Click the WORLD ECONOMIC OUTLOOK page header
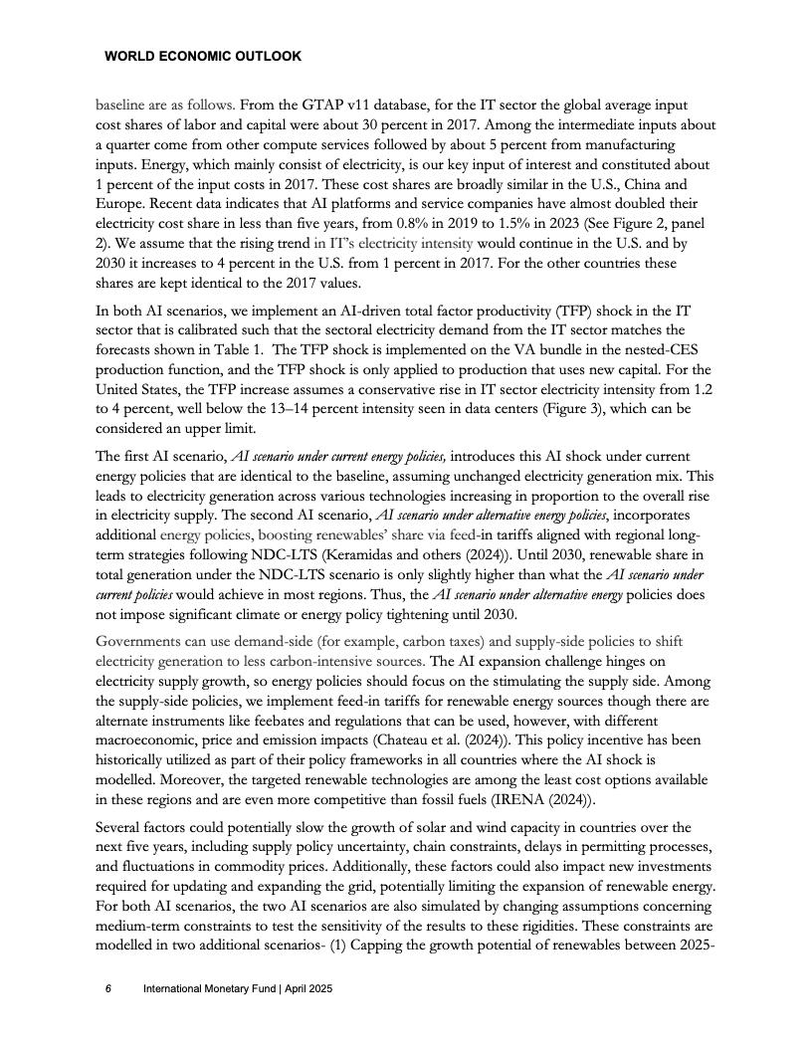click(202, 57)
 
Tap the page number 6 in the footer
click(108, 989)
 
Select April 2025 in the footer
click(304, 989)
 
